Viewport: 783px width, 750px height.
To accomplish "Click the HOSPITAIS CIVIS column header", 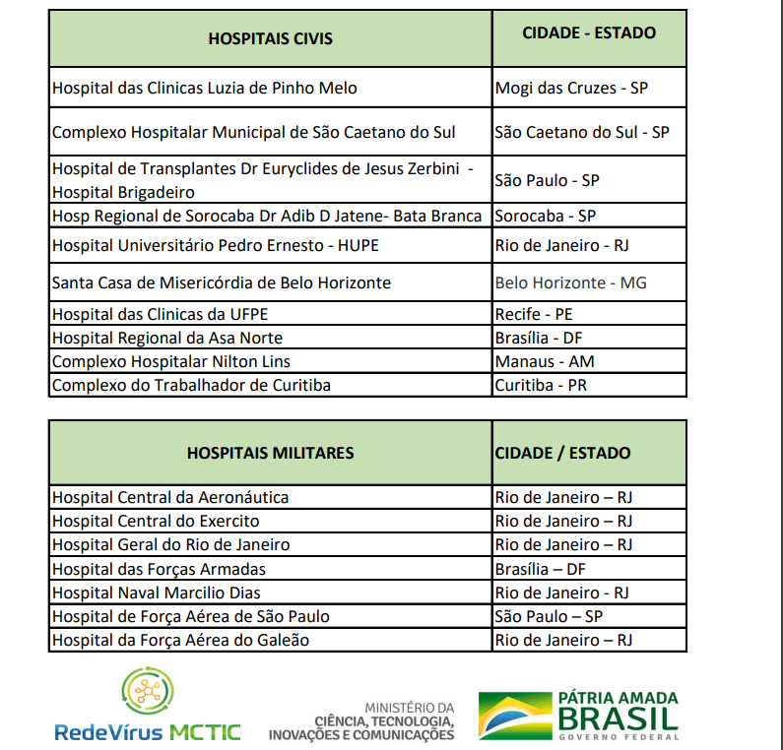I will (270, 38).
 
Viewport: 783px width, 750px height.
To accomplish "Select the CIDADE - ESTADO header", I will (588, 32).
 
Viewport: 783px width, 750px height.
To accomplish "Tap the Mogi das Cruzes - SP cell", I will (571, 88).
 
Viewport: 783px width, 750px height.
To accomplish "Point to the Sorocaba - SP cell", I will (545, 216).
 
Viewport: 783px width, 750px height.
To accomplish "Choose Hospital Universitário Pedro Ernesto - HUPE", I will (215, 245).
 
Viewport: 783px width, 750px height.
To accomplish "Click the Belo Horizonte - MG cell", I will (570, 282).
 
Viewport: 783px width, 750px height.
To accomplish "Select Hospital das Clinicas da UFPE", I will (160, 314).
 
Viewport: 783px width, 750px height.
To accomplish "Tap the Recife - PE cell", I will (534, 314).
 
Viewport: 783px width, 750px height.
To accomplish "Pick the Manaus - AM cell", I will (545, 361).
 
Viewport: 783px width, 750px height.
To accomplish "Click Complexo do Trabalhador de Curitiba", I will (191, 385).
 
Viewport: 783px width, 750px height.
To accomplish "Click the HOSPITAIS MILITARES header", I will (270, 453).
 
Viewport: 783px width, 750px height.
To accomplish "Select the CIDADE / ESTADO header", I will (562, 453).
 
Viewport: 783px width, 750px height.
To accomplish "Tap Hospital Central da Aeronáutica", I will (170, 497).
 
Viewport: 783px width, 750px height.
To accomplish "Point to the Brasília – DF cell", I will (541, 569).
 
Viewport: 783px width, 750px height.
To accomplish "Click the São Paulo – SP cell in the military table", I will (548, 616).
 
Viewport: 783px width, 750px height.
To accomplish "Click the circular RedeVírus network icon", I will (148, 694).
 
